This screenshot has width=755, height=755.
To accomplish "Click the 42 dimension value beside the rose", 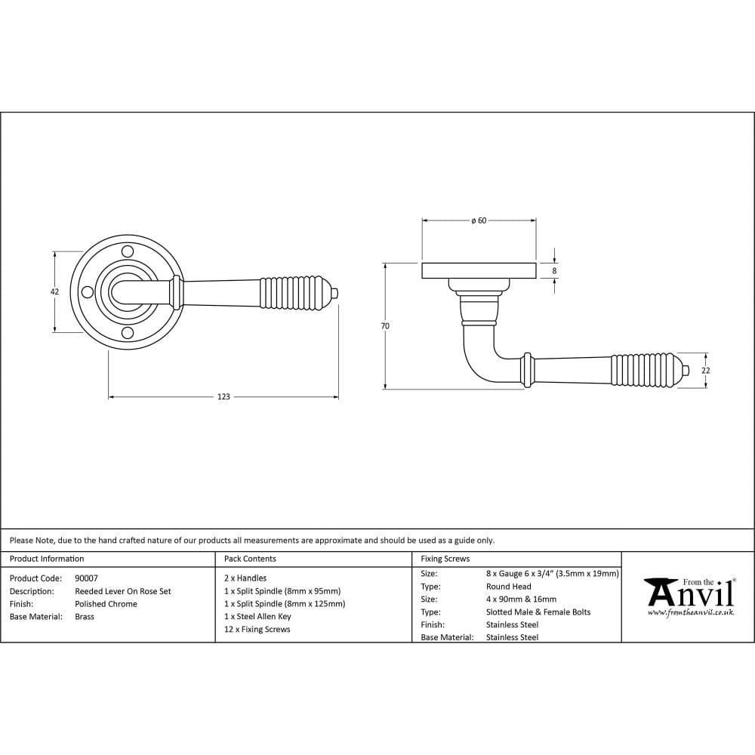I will tap(54, 291).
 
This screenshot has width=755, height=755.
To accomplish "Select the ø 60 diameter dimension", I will tap(479, 220).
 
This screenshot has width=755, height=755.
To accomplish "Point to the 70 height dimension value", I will tap(385, 326).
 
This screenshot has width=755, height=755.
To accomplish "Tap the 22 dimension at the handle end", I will tap(706, 371).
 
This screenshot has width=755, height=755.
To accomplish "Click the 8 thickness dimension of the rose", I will tap(554, 270).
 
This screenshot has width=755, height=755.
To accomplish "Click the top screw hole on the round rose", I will tap(127, 251).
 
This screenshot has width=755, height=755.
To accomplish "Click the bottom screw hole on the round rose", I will tap(127, 333).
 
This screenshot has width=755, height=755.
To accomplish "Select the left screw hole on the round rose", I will tap(86, 292).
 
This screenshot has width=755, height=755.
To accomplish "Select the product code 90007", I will tap(86, 578).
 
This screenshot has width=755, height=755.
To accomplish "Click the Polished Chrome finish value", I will tap(106, 604).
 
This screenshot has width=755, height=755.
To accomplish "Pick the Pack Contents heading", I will tap(250, 559).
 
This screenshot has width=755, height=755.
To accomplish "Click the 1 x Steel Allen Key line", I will tap(257, 616).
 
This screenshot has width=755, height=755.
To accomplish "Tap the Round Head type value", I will tap(508, 587).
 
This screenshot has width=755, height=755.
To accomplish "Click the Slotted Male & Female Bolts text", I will tap(538, 612).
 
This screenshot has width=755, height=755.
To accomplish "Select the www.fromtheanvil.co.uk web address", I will tap(690, 612).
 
